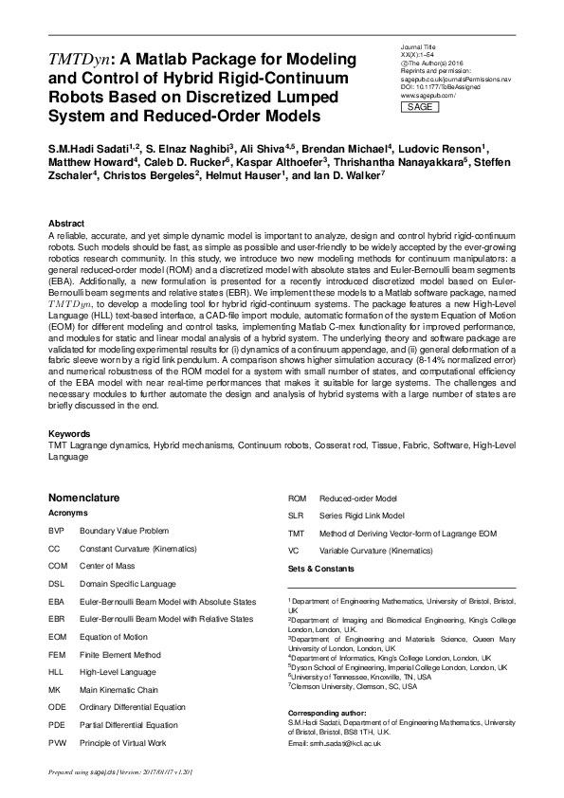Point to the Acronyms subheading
coord(68,512)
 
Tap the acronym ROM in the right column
coord(297,498)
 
